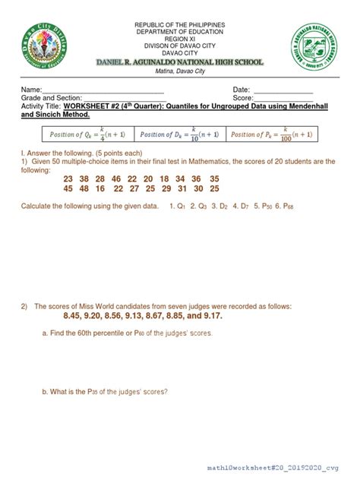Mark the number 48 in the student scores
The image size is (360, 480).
click(x=90, y=188)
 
